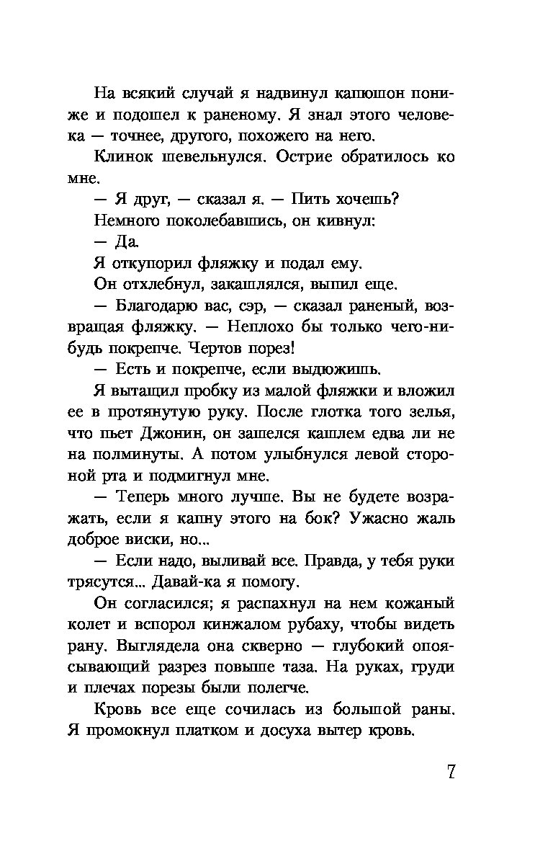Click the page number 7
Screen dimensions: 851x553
pyautogui.click(x=450, y=771)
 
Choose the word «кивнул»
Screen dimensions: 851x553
pyautogui.click(x=341, y=220)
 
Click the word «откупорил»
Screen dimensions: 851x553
pyautogui.click(x=150, y=262)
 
